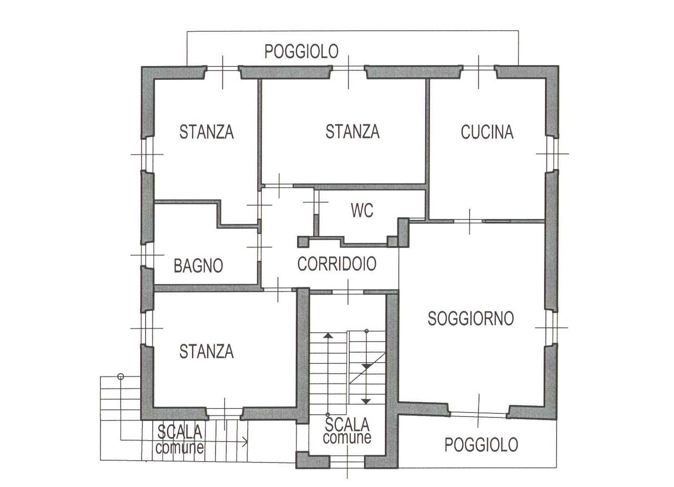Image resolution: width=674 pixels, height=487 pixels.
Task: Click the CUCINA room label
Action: [487, 132]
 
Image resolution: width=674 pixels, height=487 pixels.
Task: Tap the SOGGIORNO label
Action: [471, 318]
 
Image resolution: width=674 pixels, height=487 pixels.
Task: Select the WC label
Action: [362, 210]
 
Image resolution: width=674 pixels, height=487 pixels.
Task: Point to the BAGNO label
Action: [198, 265]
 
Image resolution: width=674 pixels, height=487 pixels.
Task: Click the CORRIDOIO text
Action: [337, 264]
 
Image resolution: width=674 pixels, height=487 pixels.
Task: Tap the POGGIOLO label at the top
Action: [301, 51]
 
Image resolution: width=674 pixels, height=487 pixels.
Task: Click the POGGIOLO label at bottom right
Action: [481, 445]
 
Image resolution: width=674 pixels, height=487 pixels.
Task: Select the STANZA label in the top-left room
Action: [206, 132]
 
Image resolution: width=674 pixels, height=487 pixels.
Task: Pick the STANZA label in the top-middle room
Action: [352, 131]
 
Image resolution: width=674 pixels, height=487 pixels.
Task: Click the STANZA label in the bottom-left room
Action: [206, 351]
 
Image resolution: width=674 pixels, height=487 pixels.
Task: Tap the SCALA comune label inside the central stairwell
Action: [347, 430]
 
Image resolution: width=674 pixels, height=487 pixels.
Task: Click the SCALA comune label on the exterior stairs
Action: [180, 439]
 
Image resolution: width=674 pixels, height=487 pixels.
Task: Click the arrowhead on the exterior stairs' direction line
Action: [245, 442]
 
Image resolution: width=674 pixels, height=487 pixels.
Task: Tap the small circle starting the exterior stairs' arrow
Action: [121, 376]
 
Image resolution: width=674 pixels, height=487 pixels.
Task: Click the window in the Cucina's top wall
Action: [478, 68]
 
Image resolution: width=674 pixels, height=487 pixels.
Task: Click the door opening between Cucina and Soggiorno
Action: [470, 222]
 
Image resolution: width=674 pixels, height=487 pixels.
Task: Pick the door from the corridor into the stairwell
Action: [348, 292]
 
